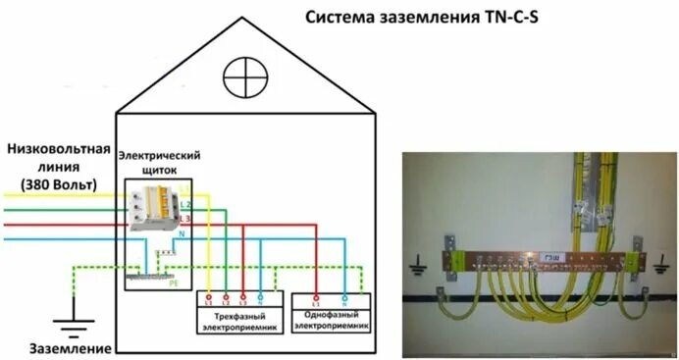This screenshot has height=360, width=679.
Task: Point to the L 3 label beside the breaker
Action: click(x=183, y=217)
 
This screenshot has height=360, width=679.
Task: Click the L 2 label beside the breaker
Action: click(x=183, y=202)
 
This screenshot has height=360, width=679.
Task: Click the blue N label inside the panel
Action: click(x=181, y=235)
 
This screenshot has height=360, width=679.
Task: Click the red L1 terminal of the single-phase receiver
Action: click(x=316, y=295)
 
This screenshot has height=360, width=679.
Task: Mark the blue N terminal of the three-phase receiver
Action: click(x=259, y=295)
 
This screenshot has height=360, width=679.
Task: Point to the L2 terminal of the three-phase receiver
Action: click(x=225, y=295)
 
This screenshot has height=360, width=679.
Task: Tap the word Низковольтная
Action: click(x=56, y=150)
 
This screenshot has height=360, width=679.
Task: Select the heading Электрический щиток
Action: click(x=159, y=162)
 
